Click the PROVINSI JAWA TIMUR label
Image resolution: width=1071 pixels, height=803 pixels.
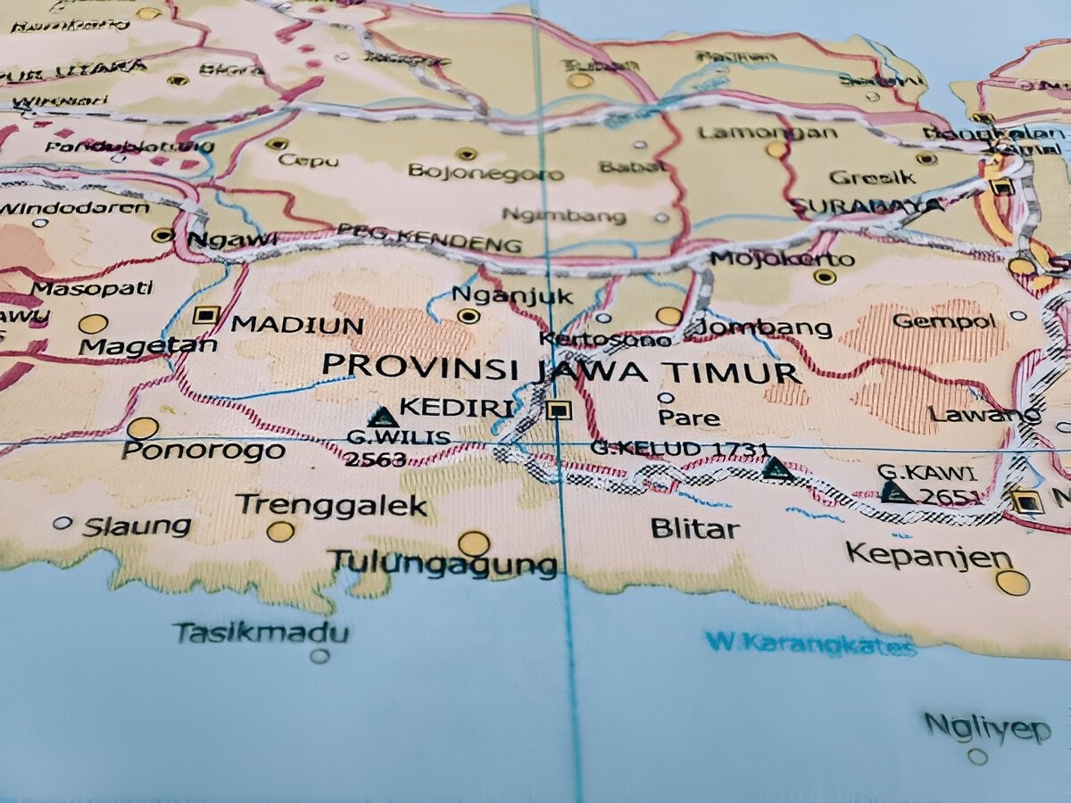tap(560, 368)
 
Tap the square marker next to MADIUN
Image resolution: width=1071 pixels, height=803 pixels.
tap(206, 315)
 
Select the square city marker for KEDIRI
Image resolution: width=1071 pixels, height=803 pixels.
tap(559, 410)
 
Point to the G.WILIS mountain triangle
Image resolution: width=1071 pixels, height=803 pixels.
tap(382, 417)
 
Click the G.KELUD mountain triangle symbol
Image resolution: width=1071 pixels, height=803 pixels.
tap(777, 468)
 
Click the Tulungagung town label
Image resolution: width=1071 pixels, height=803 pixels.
tap(443, 563)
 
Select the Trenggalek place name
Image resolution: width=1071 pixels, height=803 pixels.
tap(331, 506)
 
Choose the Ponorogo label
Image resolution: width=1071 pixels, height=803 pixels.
tap(203, 451)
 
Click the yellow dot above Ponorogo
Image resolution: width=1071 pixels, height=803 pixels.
tap(142, 427)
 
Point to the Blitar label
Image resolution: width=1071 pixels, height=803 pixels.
tap(694, 528)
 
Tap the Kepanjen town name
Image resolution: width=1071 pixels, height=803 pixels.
tap(928, 555)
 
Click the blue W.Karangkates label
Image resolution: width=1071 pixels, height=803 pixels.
tap(809, 643)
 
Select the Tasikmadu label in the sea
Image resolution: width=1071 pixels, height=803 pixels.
tap(261, 633)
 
